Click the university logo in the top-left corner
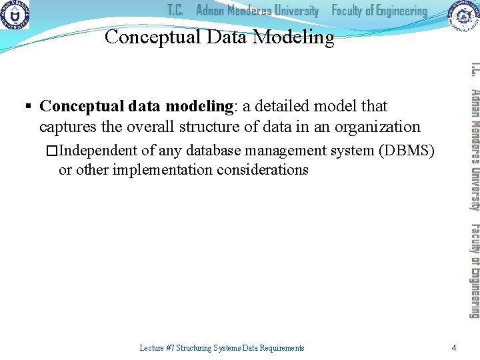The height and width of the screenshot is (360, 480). (15, 15)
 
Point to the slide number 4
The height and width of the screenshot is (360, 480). (453, 347)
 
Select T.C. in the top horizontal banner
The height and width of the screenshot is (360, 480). (175, 11)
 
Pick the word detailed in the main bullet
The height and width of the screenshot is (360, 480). (286, 106)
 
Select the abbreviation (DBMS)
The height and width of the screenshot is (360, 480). (407, 151)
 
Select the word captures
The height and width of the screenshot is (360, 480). (64, 127)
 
